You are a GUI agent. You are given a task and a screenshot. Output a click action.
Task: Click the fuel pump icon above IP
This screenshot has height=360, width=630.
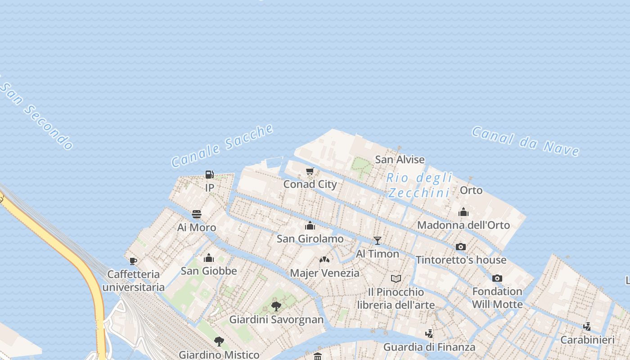coord(209,175)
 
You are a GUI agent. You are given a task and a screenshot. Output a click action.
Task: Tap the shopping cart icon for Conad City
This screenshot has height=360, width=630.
coord(310,171)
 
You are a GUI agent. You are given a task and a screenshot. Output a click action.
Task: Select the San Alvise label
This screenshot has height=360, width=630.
coord(400,159)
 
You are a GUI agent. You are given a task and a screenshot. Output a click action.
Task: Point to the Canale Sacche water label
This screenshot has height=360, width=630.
coord(222,146)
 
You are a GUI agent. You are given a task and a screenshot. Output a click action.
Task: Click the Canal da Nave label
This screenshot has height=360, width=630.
coord(525,141)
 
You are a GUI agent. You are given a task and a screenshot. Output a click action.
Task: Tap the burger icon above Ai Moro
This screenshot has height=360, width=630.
coord(197,214)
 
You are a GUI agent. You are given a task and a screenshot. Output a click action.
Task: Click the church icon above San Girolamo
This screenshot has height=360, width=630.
coord(310,225)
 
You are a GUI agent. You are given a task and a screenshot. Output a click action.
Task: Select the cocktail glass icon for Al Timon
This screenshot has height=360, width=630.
coord(378,241)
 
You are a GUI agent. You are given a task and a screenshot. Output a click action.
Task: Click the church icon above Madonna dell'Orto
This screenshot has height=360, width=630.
coord(463,212)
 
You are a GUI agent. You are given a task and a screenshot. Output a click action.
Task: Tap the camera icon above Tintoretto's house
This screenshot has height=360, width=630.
coord(461,247)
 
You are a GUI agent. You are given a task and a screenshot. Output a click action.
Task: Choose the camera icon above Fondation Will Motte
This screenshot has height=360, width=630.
coord(497,278)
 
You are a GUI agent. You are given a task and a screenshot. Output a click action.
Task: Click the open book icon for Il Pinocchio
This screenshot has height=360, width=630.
coord(396,279)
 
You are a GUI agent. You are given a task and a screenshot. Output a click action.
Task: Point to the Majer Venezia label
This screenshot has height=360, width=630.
coord(324,273)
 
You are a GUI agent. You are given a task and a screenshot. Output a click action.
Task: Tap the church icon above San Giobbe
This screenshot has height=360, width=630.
coord(208,258)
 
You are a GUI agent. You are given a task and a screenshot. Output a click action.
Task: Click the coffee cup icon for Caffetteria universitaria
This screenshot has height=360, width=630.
coord(133,261)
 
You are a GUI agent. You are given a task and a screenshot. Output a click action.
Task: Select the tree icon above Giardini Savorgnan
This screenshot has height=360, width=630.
coord(276,306)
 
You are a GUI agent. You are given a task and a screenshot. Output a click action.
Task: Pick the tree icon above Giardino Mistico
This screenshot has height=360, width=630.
coord(219,341)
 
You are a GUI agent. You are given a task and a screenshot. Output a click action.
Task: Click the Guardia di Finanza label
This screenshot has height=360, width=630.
coord(429,347)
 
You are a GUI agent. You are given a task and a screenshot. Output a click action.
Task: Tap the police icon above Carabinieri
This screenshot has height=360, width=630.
coord(587,326)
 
